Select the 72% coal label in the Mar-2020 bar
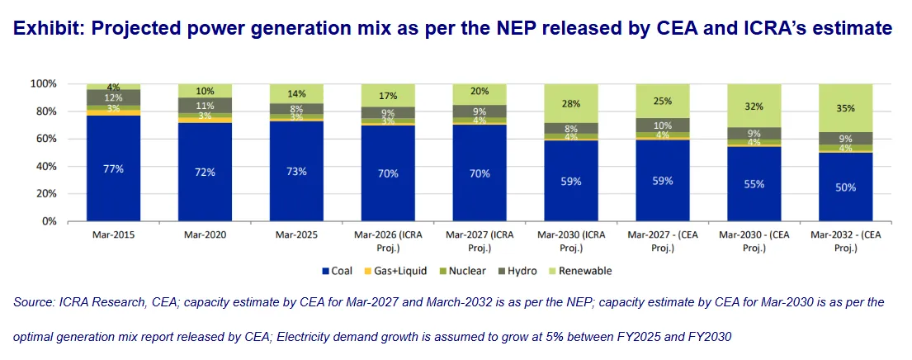coord(205,173)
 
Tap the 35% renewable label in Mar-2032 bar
coord(844,108)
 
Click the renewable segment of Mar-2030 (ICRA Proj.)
coord(570,102)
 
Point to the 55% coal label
coord(753,185)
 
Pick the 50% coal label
coord(844,187)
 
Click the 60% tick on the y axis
coord(45,140)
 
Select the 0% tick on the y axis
coord(49,221)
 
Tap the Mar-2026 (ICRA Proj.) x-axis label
coord(388,241)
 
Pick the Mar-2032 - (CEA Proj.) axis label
coord(844,241)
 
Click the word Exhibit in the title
coord(46,29)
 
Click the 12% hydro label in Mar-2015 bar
coord(113,98)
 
